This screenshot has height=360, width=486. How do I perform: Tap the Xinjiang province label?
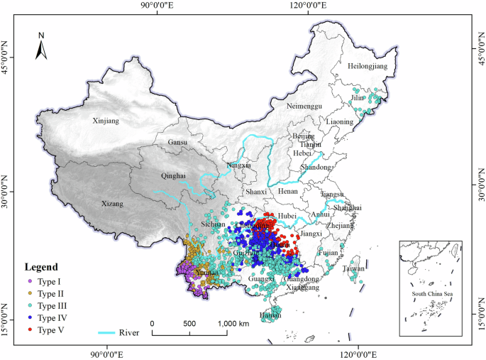[x=106, y=121]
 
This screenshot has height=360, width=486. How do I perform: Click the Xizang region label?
[x=111, y=204]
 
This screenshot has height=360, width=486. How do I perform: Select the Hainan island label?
[x=270, y=315]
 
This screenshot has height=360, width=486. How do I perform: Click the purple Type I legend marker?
[x=31, y=282]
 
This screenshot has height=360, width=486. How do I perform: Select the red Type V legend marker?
[x=31, y=330]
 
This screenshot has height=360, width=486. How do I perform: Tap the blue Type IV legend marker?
[x=31, y=318]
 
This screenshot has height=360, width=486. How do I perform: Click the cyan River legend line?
[x=109, y=331]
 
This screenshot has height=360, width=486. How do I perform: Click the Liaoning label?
[x=339, y=121]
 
